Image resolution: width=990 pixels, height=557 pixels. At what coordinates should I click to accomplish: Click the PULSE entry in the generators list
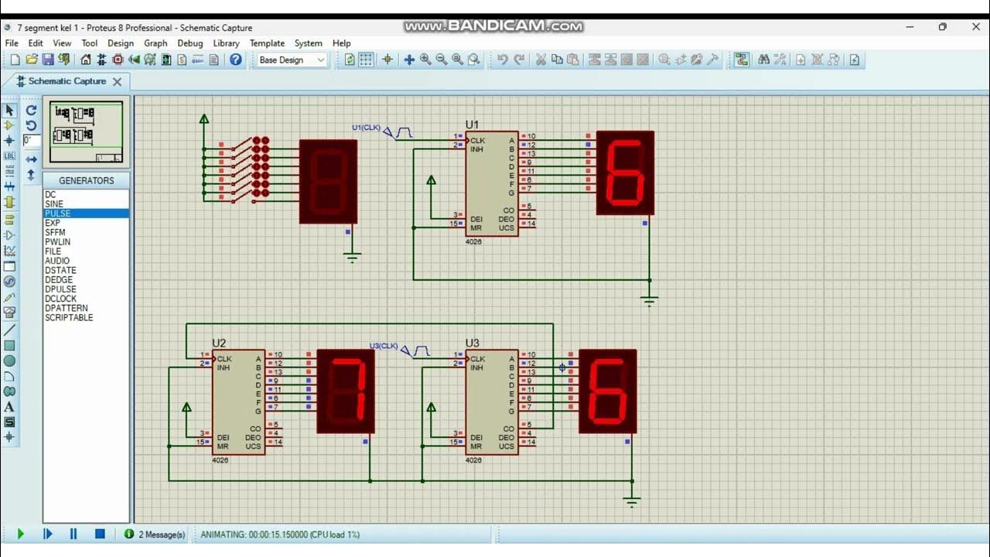(58, 214)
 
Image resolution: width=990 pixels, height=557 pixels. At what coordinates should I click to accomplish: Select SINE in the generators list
(54, 204)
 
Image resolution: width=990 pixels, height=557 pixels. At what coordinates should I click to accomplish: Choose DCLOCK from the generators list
(60, 299)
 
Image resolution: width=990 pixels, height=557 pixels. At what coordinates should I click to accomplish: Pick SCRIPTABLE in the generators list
(69, 317)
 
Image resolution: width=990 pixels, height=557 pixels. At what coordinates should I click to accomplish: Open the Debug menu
(189, 43)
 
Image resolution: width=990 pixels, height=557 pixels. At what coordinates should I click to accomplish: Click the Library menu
(226, 43)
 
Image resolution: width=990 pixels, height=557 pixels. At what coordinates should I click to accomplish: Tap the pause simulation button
(73, 534)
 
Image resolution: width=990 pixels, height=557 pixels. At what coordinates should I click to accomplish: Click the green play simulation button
(21, 534)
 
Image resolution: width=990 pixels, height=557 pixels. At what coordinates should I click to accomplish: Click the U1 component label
(472, 125)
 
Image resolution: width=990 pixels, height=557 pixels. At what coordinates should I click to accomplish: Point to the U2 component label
(219, 343)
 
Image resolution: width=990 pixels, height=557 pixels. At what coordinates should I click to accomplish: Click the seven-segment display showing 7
(346, 391)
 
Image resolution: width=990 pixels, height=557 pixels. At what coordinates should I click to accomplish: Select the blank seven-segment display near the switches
(328, 181)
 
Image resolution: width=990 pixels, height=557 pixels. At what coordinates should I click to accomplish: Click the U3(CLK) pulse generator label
(384, 346)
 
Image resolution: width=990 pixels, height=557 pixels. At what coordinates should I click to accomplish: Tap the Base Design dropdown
(292, 60)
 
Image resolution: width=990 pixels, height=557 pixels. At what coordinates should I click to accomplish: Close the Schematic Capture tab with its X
(118, 81)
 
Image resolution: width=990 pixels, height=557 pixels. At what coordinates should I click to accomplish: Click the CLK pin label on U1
(477, 141)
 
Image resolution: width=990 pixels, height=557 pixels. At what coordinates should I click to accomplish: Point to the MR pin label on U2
(223, 446)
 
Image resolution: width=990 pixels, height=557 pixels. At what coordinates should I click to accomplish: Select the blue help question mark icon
(236, 60)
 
